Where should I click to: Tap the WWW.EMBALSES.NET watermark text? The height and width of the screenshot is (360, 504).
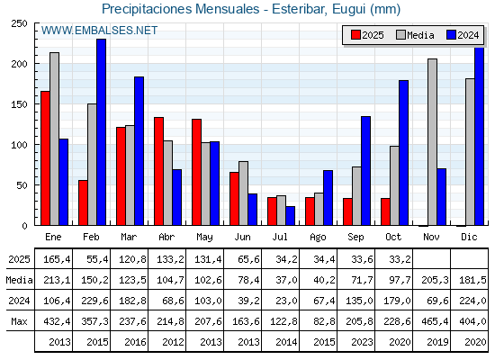coord(99,31)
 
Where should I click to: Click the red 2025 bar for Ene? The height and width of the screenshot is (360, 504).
coord(45,157)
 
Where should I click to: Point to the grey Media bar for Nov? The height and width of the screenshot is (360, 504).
coord(432,142)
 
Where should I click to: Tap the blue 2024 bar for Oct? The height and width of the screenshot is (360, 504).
coord(404,152)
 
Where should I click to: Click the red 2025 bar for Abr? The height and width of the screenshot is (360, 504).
coord(158,171)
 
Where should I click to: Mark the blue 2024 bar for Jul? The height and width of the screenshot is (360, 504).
coord(291,216)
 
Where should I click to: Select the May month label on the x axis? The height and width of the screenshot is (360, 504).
coord(204,236)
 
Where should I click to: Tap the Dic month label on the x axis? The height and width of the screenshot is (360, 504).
coord(469,236)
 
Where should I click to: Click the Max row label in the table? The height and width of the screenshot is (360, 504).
coord(18,322)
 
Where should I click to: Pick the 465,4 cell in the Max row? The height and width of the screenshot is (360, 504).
coord(431,322)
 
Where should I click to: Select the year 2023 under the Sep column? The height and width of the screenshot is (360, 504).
coord(355,342)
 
